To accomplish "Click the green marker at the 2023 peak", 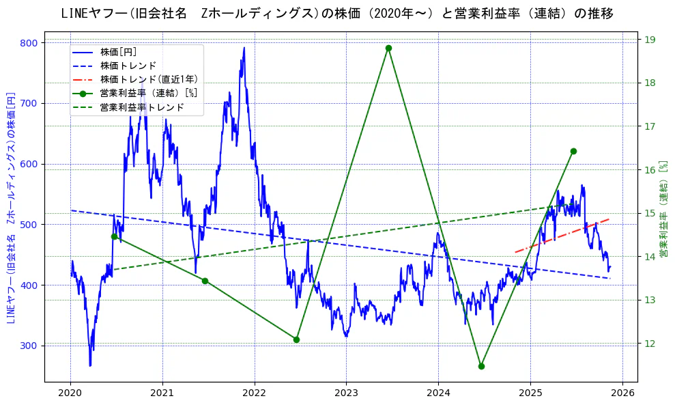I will (x=388, y=48).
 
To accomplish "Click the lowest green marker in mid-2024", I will (x=481, y=366).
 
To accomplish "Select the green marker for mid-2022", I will (x=296, y=339).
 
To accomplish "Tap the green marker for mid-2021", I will (x=205, y=281).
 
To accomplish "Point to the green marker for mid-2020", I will (x=114, y=236).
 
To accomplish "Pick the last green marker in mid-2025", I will (x=573, y=151).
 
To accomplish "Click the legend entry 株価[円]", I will (x=118, y=52).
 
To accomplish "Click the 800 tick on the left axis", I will (x=30, y=43).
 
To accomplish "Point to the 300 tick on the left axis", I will (x=30, y=346).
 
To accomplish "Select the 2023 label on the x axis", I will (x=346, y=393).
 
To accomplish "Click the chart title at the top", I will (x=337, y=14).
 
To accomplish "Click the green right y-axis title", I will (x=663, y=209).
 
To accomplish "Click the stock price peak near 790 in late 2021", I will (x=244, y=48).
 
